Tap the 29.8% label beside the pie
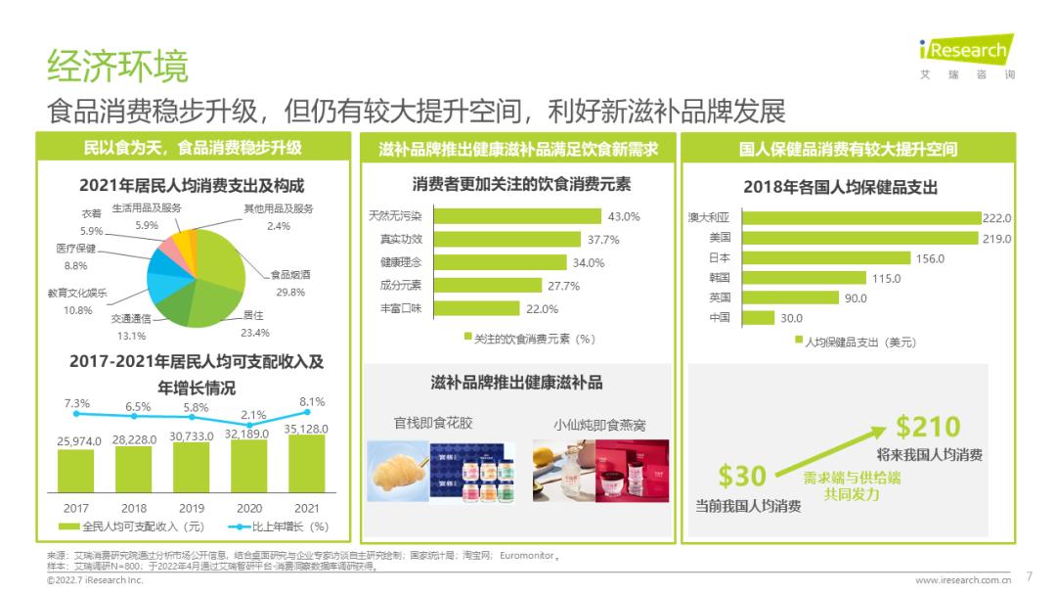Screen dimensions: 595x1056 pyautogui.click(x=290, y=292)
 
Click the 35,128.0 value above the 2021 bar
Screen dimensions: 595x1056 pyautogui.click(x=306, y=429)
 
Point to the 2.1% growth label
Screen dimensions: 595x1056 pyautogui.click(x=253, y=415)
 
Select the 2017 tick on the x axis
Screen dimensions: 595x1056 pyautogui.click(x=75, y=509)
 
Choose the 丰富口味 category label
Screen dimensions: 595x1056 pyautogui.click(x=401, y=308)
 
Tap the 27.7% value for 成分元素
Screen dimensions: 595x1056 pyautogui.click(x=564, y=286)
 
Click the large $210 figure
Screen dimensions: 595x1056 pyautogui.click(x=929, y=428)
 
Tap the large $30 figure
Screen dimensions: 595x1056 pyautogui.click(x=742, y=477)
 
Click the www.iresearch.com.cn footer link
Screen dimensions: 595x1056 pyautogui.click(x=963, y=580)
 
